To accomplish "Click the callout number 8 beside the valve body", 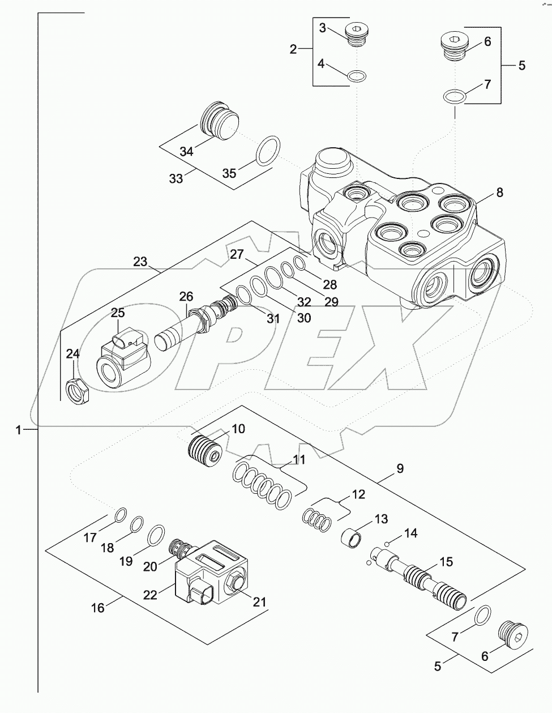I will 499,192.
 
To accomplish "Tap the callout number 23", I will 140,262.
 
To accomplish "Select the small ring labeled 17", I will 119,514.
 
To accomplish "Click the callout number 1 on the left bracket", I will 19,431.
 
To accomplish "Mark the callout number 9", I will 400,468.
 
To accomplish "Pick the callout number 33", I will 176,178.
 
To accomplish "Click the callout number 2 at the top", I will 293,49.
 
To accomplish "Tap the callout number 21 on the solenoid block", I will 259,602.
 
